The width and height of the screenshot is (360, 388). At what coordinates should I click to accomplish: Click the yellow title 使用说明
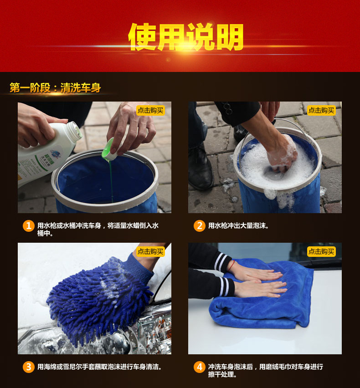(185, 37)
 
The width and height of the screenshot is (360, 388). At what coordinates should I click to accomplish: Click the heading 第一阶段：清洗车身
(55, 88)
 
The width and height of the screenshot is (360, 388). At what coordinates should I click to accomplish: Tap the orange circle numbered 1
(28, 226)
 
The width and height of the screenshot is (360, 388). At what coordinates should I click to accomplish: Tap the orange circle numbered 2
(200, 226)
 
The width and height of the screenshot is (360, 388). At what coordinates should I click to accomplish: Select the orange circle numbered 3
(28, 367)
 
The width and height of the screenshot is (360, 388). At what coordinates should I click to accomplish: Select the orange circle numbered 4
(200, 367)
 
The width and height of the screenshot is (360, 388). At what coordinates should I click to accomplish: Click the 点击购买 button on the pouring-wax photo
(150, 110)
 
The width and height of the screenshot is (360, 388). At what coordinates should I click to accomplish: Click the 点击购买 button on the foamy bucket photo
(321, 110)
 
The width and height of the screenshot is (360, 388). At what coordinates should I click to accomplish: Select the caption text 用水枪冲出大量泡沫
(238, 226)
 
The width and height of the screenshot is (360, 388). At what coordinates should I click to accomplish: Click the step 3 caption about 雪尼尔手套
(99, 367)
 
